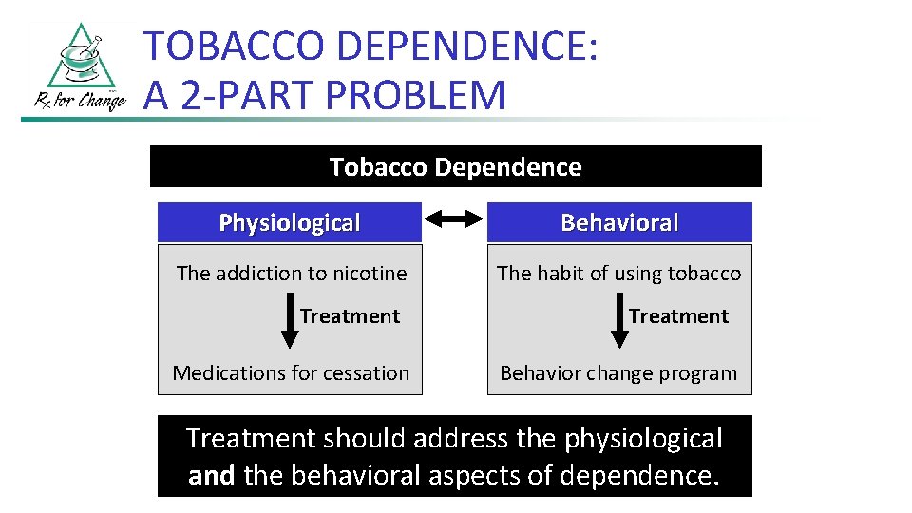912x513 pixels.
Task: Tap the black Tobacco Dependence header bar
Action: click(455, 167)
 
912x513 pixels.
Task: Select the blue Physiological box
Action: click(289, 222)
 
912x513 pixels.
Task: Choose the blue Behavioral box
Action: click(619, 222)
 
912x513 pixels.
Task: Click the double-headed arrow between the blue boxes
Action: click(454, 220)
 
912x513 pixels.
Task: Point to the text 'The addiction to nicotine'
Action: click(291, 274)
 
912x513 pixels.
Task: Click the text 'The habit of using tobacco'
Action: click(618, 274)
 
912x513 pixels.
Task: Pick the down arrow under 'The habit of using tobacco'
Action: click(617, 322)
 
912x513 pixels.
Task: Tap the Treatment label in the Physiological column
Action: click(350, 316)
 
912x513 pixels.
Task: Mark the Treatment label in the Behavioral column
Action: click(678, 316)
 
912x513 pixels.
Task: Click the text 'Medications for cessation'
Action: click(291, 373)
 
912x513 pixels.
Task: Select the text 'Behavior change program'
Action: click(618, 373)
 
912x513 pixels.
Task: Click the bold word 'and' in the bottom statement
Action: click(212, 475)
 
